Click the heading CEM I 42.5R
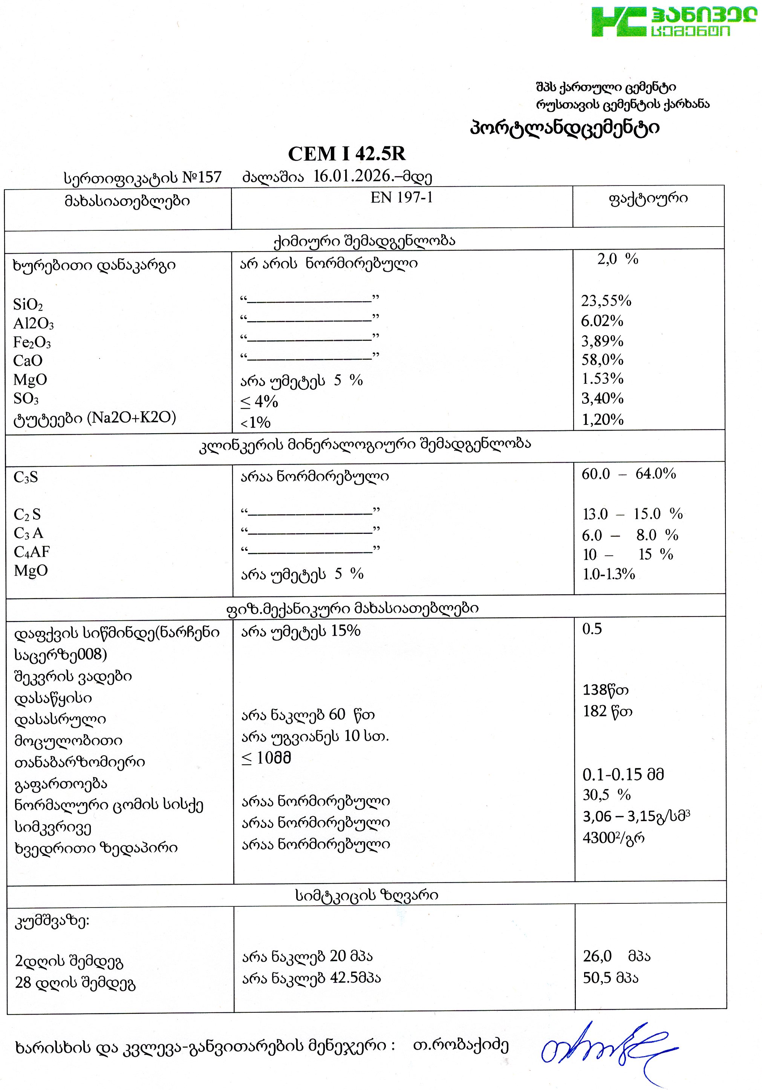pos(347,154)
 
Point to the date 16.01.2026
pos(351,176)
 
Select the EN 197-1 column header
pos(401,198)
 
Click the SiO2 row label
pos(28,305)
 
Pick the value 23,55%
pos(606,301)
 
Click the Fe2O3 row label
pos(32,342)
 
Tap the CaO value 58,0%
pos(602,360)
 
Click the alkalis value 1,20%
pos(602,420)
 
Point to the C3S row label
pos(26,477)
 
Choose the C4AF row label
pos(31,552)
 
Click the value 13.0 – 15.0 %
pos(632,514)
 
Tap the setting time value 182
pos(595,711)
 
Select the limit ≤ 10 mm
pos(266,758)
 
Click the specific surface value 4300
pos(599,838)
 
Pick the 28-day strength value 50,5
pos(597,978)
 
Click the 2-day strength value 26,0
pos(597,956)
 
